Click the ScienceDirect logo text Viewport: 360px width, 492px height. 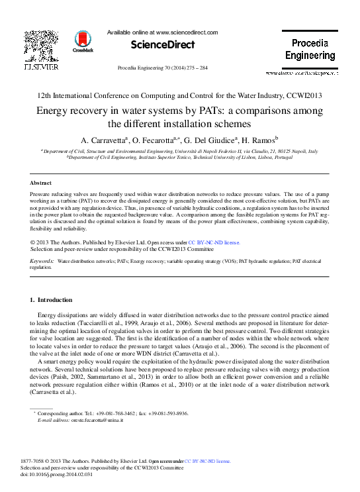coord(163,45)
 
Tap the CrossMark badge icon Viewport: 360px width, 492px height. coord(83,41)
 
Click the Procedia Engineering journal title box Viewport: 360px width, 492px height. coord(310,50)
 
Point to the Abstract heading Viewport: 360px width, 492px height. coord(42,182)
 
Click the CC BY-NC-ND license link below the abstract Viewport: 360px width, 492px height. coord(215,243)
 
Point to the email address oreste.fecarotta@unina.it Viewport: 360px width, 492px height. coord(99,420)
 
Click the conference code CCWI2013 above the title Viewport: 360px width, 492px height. coord(303,95)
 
